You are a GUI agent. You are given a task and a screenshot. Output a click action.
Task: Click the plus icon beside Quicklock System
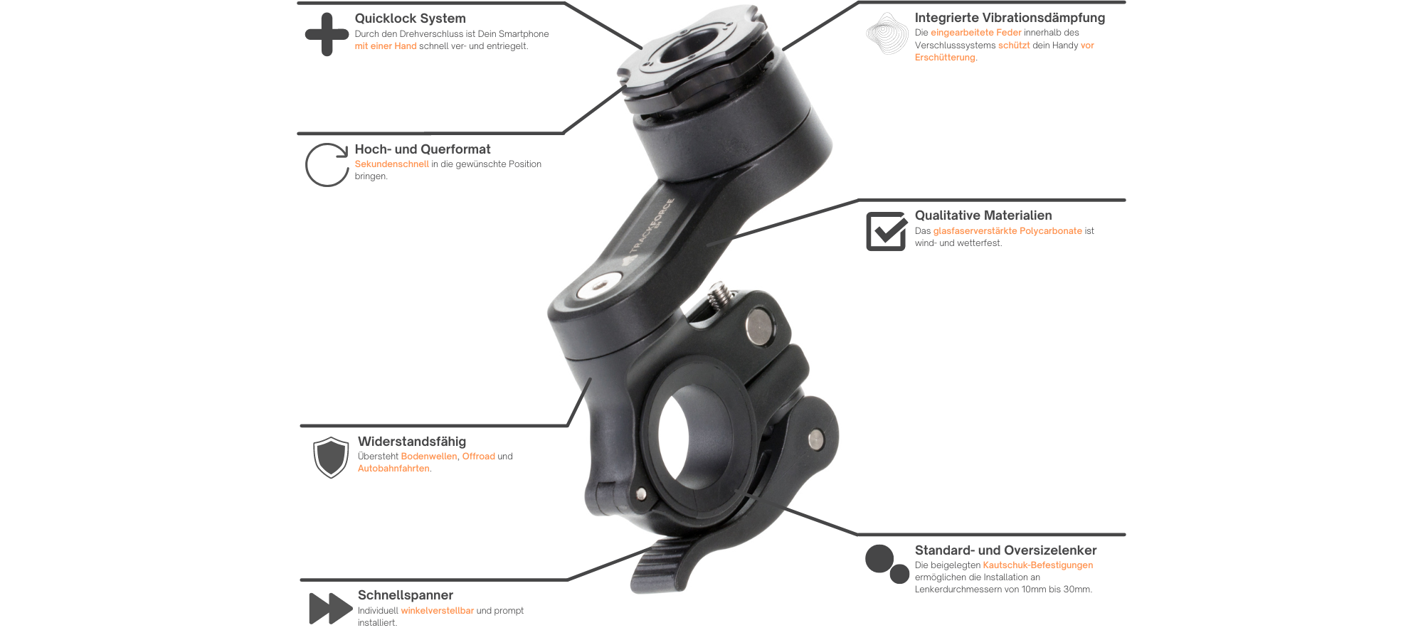tap(327, 34)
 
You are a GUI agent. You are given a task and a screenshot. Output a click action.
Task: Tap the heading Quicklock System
tap(410, 18)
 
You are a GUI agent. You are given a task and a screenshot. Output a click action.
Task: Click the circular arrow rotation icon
tap(327, 165)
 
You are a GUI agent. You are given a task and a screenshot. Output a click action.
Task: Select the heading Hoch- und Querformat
tap(423, 149)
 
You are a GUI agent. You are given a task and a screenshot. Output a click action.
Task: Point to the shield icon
tap(331, 457)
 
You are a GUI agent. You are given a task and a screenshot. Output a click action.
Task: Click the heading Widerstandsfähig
tap(412, 442)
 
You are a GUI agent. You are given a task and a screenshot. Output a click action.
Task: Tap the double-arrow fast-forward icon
tap(331, 609)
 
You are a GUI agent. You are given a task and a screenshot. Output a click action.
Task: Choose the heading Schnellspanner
tap(406, 595)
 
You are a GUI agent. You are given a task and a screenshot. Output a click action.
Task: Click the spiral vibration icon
tap(887, 33)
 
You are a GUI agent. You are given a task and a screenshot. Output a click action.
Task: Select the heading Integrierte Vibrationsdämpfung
tap(1010, 18)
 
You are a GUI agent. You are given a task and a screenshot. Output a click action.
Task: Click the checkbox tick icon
tap(886, 231)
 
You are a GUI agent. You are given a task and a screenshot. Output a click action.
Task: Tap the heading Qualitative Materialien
tap(983, 215)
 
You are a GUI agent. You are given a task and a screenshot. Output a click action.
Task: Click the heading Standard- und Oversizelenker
tap(1005, 550)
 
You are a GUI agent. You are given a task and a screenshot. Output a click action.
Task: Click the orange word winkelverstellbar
tap(437, 611)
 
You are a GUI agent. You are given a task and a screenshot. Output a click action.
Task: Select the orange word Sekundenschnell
tap(391, 164)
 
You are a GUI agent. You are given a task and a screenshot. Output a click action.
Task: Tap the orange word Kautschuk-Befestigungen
tap(1037, 565)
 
